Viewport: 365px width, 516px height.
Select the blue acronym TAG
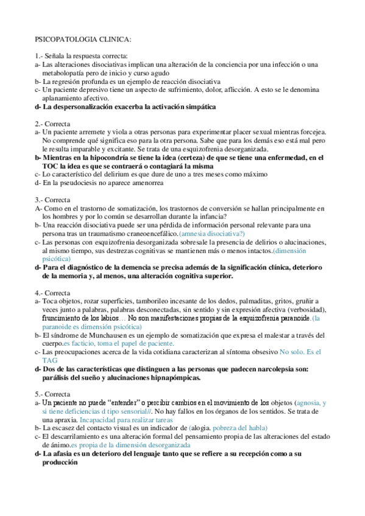coord(49,360)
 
